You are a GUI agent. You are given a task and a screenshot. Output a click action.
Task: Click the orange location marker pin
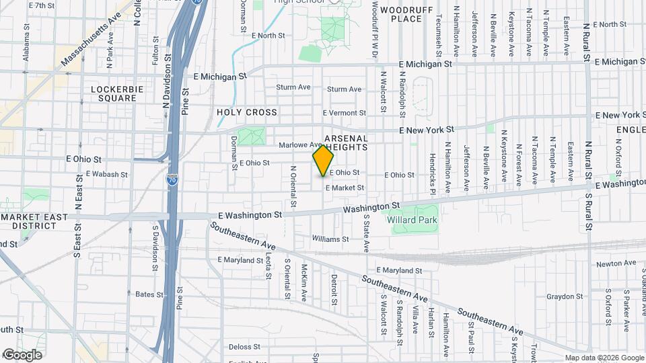pyautogui.click(x=324, y=161)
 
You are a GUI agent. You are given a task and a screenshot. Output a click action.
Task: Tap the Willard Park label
pyautogui.click(x=412, y=220)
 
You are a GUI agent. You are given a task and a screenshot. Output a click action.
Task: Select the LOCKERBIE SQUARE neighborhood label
pyautogui.click(x=113, y=93)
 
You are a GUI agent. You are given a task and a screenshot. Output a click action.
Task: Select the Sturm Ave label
pyautogui.click(x=293, y=87)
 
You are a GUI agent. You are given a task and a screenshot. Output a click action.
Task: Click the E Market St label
pyautogui.click(x=345, y=188)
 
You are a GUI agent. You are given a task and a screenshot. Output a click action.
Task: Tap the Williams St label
pyautogui.click(x=330, y=239)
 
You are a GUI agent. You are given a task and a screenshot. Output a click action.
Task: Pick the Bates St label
pyautogui.click(x=150, y=294)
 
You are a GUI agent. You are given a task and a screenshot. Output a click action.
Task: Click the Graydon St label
pyautogui.click(x=564, y=296)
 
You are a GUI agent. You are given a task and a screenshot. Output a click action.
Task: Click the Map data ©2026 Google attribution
pyautogui.click(x=604, y=358)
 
